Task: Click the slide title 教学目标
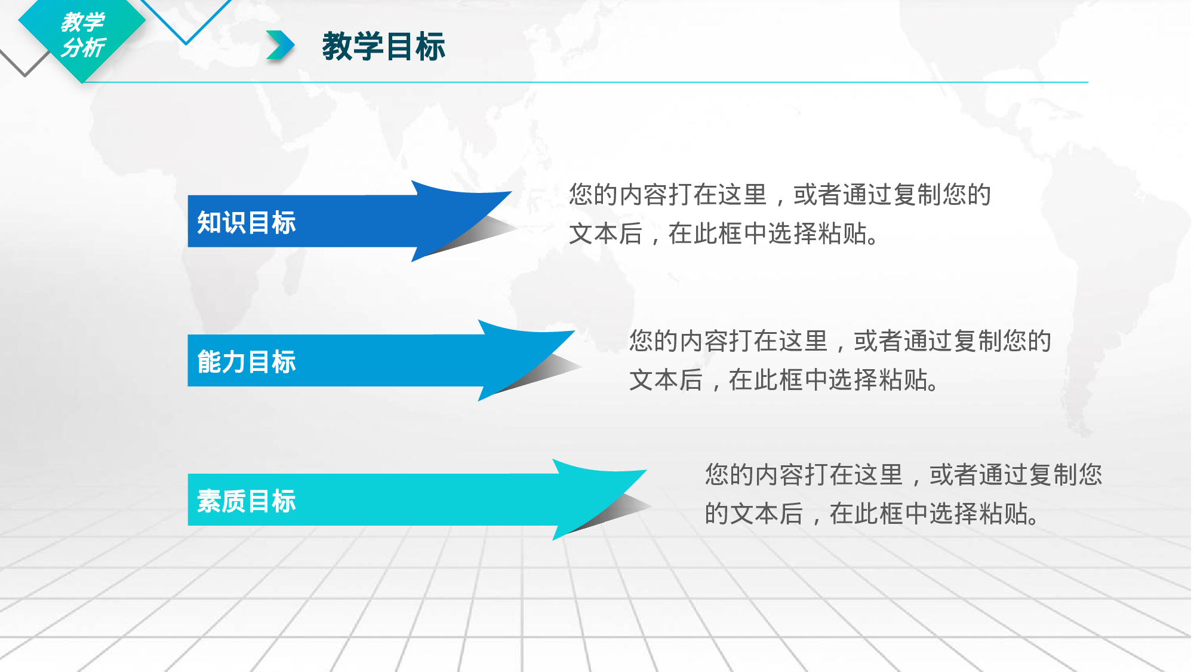(x=383, y=47)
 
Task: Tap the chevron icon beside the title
(x=280, y=46)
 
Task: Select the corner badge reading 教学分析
(x=82, y=36)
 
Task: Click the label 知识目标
(x=246, y=222)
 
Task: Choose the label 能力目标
(x=246, y=361)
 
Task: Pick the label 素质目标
(x=246, y=501)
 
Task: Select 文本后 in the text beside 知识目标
(x=605, y=234)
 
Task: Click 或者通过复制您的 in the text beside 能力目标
(x=952, y=341)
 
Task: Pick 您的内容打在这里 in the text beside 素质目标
(x=804, y=474)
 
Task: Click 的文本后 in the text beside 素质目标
(x=753, y=513)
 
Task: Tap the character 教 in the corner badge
(x=71, y=23)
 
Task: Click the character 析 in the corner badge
(x=94, y=48)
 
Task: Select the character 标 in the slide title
(x=430, y=47)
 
